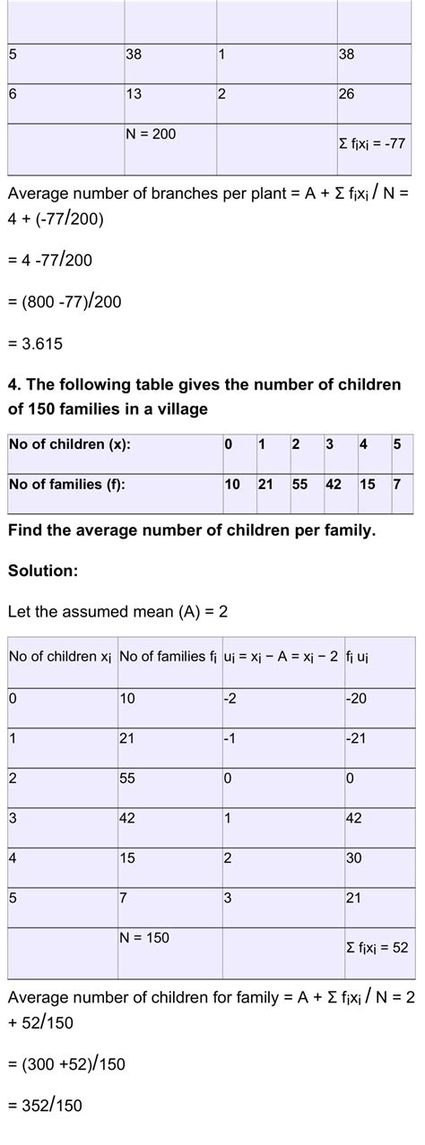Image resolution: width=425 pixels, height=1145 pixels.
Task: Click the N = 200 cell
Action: point(151,134)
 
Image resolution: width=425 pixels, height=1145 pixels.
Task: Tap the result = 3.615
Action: point(35,343)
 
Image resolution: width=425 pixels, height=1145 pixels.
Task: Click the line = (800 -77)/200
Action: point(65,302)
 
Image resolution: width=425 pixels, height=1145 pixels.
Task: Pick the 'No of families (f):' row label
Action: point(65,485)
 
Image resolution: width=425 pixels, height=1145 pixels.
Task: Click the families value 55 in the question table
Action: point(300,485)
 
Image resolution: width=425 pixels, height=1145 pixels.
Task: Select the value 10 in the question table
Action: point(232,485)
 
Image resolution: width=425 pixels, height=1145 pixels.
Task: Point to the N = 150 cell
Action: point(143,937)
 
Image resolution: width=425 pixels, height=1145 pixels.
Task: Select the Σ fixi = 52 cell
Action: point(377,946)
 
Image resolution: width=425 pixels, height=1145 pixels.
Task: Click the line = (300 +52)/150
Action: point(66,1063)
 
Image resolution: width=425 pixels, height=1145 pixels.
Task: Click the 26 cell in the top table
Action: point(347,94)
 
